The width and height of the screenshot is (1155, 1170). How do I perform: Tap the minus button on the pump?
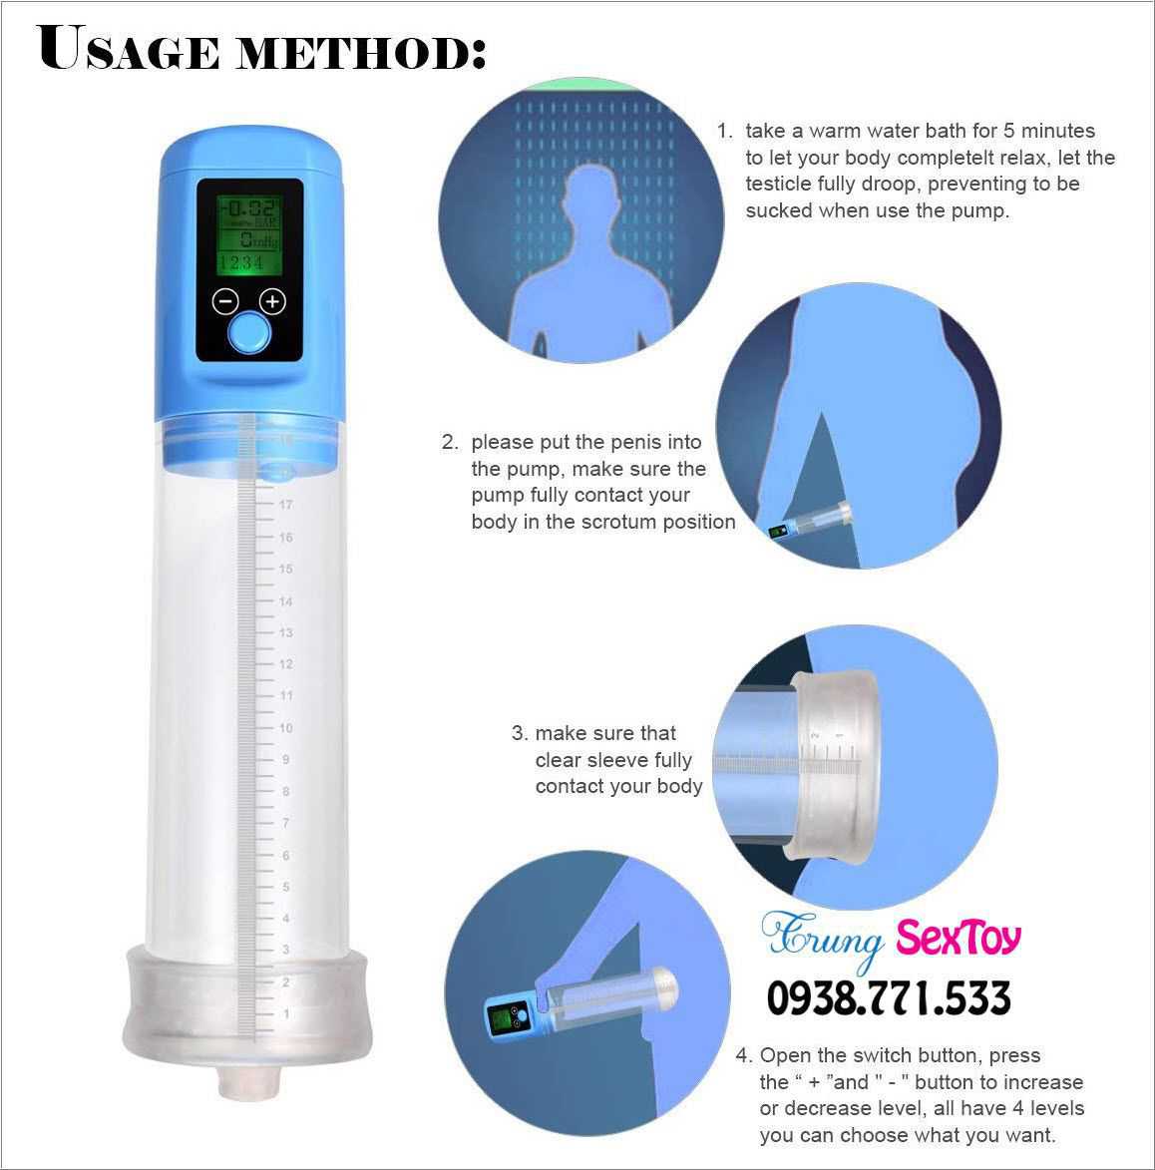click(225, 301)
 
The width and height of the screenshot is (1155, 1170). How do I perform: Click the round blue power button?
click(248, 333)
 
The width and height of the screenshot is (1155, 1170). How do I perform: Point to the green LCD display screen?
click(249, 234)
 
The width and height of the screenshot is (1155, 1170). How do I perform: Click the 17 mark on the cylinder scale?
click(286, 505)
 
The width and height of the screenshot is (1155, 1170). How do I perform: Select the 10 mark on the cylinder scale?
click(286, 727)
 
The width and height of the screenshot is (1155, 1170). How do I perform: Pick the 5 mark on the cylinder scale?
click(286, 887)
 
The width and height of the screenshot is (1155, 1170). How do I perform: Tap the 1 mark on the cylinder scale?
click(286, 1013)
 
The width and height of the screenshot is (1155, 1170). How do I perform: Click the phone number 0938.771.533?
click(889, 997)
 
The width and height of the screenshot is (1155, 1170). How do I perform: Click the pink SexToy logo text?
click(959, 938)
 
